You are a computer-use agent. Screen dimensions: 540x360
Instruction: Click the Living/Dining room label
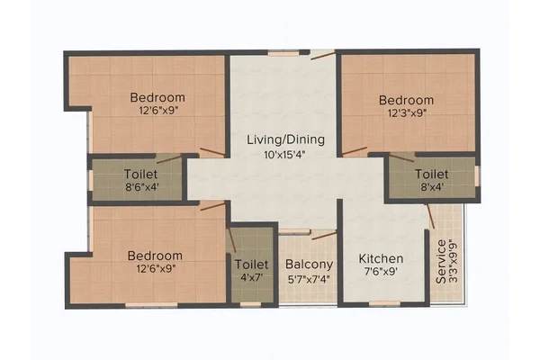click(285, 139)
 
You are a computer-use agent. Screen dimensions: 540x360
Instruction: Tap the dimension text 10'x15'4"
click(284, 155)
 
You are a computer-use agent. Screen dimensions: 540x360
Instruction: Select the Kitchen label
click(381, 258)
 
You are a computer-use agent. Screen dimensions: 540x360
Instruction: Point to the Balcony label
click(310, 265)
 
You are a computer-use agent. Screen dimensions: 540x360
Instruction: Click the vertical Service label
click(441, 262)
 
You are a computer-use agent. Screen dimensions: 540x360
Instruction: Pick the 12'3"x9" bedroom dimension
click(408, 113)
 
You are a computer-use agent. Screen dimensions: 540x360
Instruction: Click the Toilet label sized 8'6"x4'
click(141, 175)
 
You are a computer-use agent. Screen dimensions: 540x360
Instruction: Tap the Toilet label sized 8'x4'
click(431, 175)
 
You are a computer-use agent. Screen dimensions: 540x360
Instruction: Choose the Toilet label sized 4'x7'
click(251, 265)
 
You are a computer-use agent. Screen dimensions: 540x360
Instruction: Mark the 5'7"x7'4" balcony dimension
click(309, 279)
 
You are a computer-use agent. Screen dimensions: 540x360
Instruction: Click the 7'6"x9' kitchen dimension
click(381, 272)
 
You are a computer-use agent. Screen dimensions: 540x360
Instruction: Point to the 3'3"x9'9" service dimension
click(454, 263)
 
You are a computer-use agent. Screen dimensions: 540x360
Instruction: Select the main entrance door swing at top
click(323, 55)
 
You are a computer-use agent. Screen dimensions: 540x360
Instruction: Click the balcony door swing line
click(324, 236)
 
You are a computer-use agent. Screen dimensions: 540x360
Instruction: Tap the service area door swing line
click(430, 216)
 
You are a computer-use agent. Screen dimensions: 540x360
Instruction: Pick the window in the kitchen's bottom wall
click(384, 303)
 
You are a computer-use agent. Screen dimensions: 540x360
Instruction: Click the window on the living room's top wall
click(283, 53)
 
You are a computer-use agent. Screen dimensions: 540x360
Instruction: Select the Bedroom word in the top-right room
click(406, 100)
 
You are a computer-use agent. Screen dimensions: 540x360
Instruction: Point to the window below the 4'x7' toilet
click(250, 304)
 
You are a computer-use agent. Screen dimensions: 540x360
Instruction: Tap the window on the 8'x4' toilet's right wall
click(477, 176)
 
